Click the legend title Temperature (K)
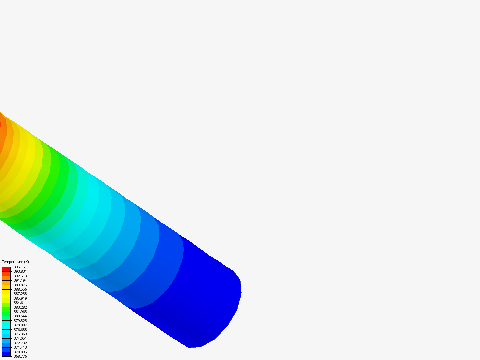(x=16, y=262)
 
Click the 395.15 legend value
(x=19, y=267)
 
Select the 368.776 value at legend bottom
(x=20, y=356)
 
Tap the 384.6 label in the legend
(x=18, y=303)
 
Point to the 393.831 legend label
(x=20, y=271)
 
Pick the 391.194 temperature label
(x=20, y=280)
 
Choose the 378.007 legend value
(x=20, y=325)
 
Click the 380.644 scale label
(x=20, y=316)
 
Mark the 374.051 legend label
(x=20, y=338)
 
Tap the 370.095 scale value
(x=20, y=352)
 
